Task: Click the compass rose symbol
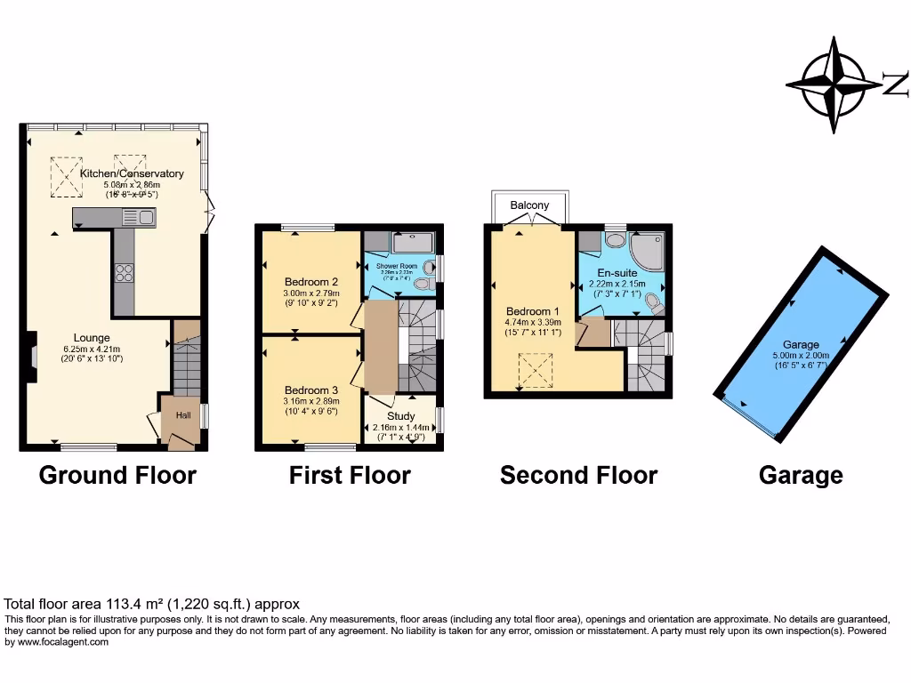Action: (833, 85)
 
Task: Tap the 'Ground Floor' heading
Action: (117, 475)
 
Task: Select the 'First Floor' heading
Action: (350, 475)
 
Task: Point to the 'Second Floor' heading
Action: (578, 475)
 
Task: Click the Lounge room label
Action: (92, 338)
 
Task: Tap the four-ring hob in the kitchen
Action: (124, 273)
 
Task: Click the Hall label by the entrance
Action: (182, 415)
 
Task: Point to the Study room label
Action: (401, 415)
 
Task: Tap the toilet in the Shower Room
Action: (424, 284)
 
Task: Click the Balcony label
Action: (529, 205)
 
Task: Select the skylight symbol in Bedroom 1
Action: (535, 370)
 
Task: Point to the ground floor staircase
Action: (188, 365)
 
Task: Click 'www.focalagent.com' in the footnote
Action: (57, 642)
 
